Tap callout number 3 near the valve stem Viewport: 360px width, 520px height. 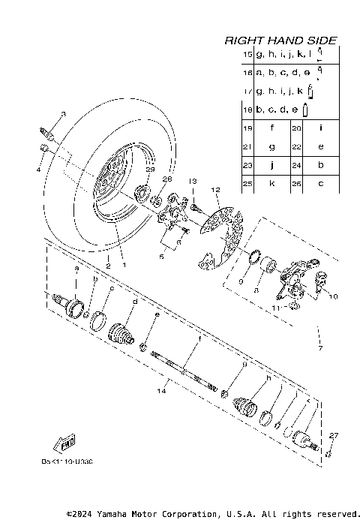[63, 113]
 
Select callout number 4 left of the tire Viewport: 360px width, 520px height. [39, 170]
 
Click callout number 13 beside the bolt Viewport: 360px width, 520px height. [192, 181]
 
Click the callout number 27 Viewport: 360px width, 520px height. [334, 434]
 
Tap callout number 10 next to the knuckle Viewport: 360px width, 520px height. [334, 296]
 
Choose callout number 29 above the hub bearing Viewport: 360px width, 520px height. [149, 171]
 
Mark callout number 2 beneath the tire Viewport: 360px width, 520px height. [108, 265]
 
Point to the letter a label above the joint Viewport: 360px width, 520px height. [76, 267]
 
